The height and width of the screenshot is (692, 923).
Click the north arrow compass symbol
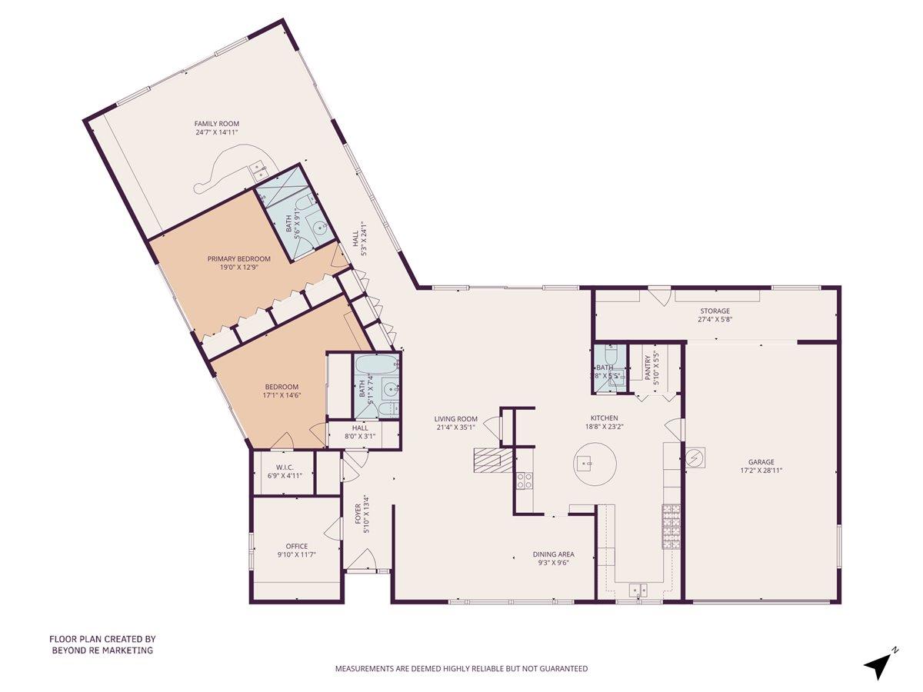coord(878,664)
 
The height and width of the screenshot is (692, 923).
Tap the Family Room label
coord(216,123)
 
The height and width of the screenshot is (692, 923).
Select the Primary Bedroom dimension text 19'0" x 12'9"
coord(238,269)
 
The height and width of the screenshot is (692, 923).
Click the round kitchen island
coord(595,464)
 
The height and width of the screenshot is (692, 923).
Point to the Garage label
coord(760,462)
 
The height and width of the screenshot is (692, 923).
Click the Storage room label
coord(715,311)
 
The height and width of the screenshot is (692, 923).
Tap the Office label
coord(296,546)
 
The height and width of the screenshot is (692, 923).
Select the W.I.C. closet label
coord(284,466)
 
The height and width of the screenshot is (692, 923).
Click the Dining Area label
coord(553,554)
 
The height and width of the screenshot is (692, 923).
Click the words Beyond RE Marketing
coord(102,650)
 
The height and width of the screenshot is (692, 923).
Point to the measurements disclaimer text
coord(461,669)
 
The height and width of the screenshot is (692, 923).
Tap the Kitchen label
coord(604,418)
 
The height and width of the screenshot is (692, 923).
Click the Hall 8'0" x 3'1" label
coord(360,432)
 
